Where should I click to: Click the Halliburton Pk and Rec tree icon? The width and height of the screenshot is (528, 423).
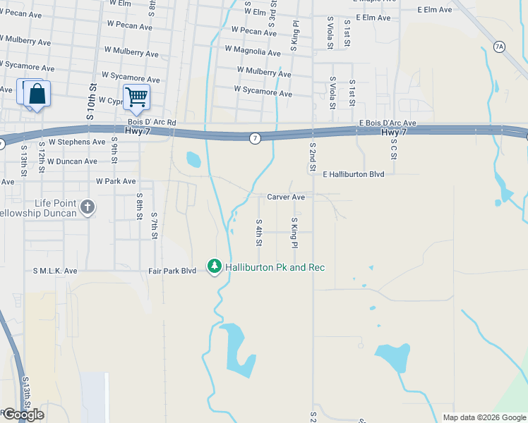[215, 266]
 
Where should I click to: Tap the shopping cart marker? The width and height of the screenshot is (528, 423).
[136, 97]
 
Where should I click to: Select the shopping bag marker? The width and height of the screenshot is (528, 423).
[37, 94]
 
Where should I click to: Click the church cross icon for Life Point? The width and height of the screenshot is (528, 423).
[87, 207]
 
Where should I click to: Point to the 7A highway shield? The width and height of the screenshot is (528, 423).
[500, 47]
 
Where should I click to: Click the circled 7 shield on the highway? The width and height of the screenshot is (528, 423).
[255, 137]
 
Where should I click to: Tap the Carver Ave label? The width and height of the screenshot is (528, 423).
[286, 197]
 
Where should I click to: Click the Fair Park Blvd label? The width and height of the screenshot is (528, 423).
[172, 270]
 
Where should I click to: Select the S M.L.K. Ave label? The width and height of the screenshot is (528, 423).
[55, 270]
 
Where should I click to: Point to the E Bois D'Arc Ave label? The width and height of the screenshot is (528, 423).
[387, 123]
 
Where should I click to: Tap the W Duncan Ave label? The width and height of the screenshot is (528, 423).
[71, 161]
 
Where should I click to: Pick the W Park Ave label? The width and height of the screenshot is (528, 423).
[116, 181]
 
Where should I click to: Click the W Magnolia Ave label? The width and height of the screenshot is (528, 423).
[253, 50]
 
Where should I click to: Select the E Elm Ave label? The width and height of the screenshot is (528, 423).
[434, 10]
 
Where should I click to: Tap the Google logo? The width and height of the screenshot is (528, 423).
[23, 415]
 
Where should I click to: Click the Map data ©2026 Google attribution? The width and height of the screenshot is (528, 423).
[484, 417]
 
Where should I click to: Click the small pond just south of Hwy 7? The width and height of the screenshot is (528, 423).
[193, 159]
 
